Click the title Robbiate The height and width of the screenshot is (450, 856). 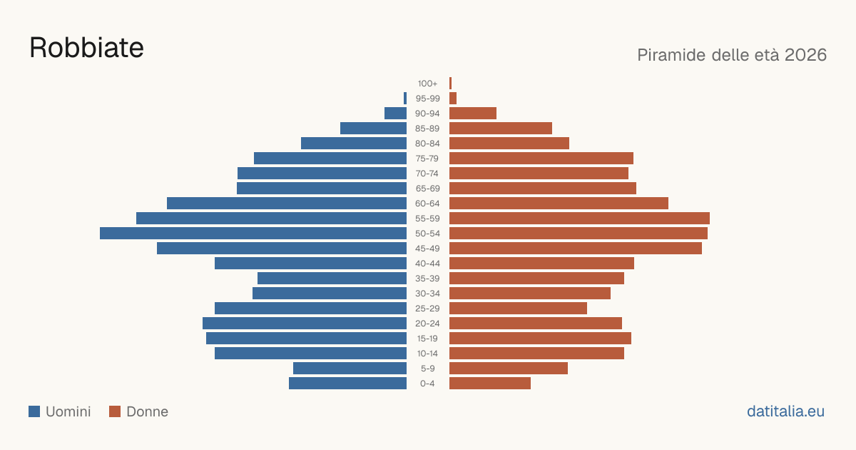point(86,48)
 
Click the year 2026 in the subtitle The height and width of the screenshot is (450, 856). point(805,55)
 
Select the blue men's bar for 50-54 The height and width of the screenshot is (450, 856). point(253,234)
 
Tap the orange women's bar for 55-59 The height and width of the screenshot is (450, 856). point(579,218)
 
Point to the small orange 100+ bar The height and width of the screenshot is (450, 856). point(451,83)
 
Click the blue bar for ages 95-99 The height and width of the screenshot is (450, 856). point(405,99)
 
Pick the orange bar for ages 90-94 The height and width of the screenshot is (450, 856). point(473,114)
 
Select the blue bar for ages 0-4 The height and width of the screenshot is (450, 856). point(348,384)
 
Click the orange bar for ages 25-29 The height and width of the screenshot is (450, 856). point(518,309)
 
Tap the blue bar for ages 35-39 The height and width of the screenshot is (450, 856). point(332,278)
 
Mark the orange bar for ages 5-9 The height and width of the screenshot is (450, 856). point(509,369)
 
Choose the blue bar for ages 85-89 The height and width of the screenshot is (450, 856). point(373,128)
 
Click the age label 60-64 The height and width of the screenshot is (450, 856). point(427,204)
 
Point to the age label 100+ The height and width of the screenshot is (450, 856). point(427,84)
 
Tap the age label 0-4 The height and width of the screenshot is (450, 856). point(427,384)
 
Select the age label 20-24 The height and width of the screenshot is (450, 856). point(427,324)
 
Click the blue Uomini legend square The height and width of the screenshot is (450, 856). point(34,411)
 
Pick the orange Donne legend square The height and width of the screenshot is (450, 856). point(115,411)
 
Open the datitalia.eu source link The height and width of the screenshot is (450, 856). point(785,411)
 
